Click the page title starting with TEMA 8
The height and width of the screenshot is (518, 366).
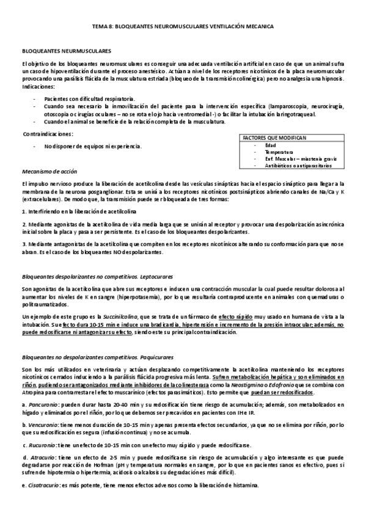(x=182, y=27)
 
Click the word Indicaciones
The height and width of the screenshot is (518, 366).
(x=38, y=87)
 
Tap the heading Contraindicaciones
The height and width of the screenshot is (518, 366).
(x=48, y=133)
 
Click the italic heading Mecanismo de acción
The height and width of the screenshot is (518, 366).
(x=49, y=172)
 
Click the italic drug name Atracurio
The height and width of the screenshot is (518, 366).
(x=43, y=457)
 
